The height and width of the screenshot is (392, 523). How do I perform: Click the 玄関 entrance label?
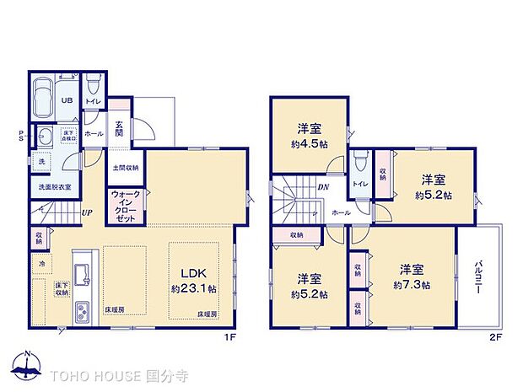point(120,128)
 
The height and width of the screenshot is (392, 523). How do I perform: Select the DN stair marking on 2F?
point(322,187)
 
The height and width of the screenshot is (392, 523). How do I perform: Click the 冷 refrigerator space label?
point(41,263)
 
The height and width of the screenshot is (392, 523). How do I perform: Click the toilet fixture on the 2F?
point(360,160)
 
